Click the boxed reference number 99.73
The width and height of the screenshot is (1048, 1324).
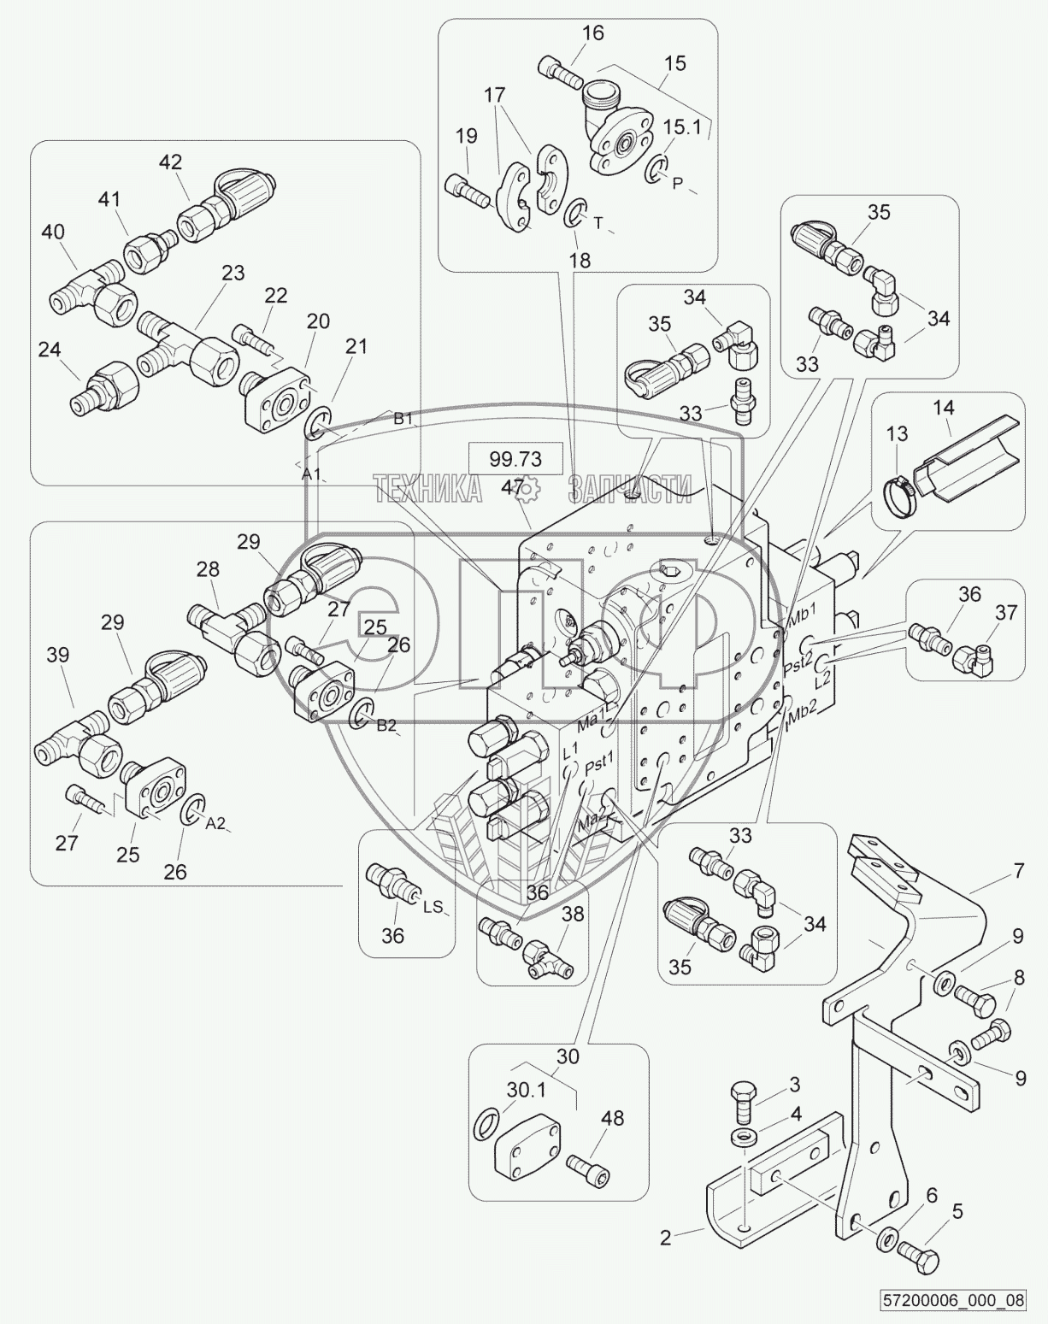coord(515,459)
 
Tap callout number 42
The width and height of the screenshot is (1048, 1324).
coord(170,162)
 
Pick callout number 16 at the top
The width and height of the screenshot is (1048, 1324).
coord(592,33)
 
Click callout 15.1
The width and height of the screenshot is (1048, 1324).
coord(681,127)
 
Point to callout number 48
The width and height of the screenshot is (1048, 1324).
coord(612,1118)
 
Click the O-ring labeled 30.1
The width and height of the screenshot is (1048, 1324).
coord(484,1125)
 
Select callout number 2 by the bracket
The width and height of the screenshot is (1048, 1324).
coord(666,1236)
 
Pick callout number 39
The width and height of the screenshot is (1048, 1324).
coord(57,656)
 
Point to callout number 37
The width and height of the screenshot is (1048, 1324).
coord(1005,612)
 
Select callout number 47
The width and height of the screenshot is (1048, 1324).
coord(513,486)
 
